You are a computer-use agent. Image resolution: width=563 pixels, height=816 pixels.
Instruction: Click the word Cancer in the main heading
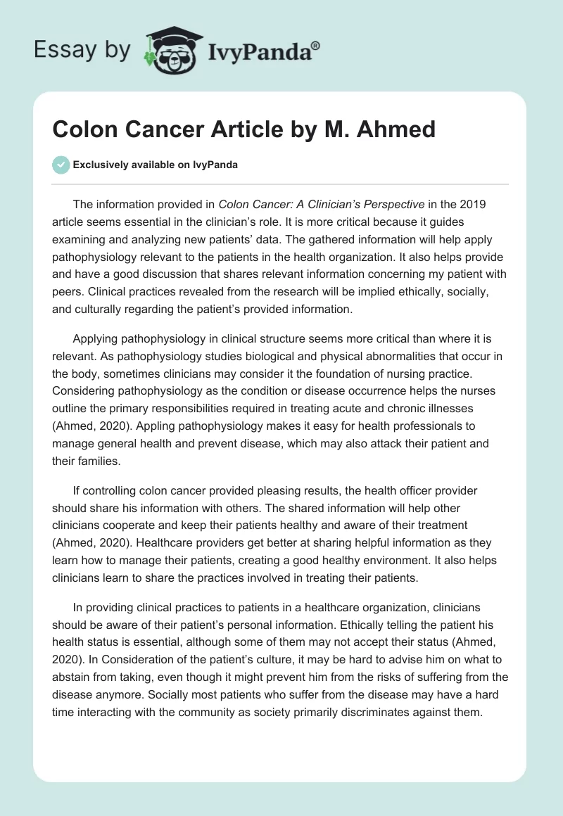point(150,129)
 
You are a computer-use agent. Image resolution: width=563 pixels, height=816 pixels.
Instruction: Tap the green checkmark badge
point(61,165)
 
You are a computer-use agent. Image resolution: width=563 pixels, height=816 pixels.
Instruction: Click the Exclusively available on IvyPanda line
point(155,165)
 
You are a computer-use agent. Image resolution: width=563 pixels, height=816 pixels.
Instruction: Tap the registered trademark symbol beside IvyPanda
point(315,44)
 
